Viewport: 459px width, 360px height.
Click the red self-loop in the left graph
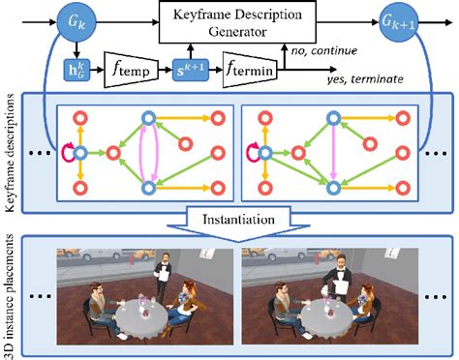(67, 152)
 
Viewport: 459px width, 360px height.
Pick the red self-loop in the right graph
(255, 152)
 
